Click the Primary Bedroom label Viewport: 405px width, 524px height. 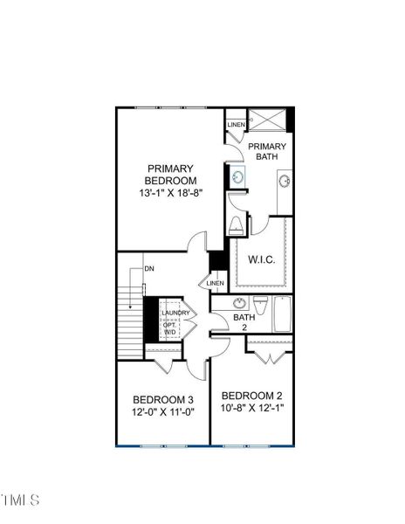171,175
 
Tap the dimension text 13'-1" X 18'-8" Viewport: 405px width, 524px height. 171,193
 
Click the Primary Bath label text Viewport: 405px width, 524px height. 265,151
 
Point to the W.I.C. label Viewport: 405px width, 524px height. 263,259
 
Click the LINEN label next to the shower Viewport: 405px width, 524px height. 236,125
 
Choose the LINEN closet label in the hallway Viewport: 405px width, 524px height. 215,283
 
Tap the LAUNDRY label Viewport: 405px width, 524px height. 175,314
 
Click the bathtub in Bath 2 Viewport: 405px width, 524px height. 283,315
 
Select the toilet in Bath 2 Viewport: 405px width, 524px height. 259,306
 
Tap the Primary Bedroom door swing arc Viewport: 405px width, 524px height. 200,239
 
